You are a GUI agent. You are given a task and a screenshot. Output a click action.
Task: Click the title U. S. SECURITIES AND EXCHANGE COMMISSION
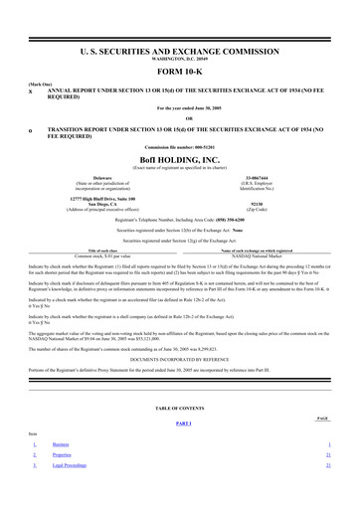tap(179, 48)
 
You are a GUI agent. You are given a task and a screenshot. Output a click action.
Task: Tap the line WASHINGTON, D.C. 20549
tap(179, 56)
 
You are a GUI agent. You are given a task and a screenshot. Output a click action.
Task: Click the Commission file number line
tap(179, 148)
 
